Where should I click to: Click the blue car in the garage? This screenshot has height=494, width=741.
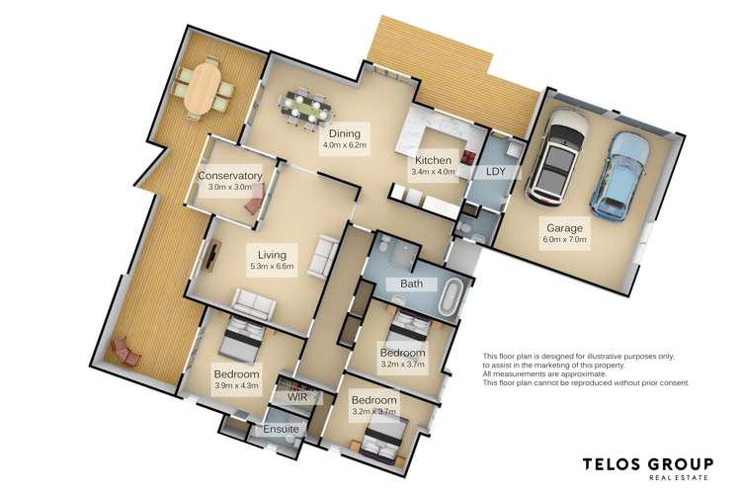617,176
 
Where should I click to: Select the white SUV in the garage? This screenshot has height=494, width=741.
558,157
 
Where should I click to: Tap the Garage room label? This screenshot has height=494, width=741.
565,233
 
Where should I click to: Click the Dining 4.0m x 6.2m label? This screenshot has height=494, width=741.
345,139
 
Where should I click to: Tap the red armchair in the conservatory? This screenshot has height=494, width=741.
253,206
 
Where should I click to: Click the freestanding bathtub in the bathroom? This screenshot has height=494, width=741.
453,296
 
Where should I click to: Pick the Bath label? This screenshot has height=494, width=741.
412,284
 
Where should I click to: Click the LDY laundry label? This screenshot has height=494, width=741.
496,172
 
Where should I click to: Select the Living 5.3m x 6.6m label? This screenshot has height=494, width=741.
272,260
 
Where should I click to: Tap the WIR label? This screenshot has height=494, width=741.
297,397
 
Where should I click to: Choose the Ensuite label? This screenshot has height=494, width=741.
281,429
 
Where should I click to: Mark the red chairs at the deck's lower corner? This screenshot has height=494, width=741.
125,351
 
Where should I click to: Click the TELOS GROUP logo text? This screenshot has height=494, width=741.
648,464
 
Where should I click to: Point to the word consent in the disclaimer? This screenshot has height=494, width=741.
673,383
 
